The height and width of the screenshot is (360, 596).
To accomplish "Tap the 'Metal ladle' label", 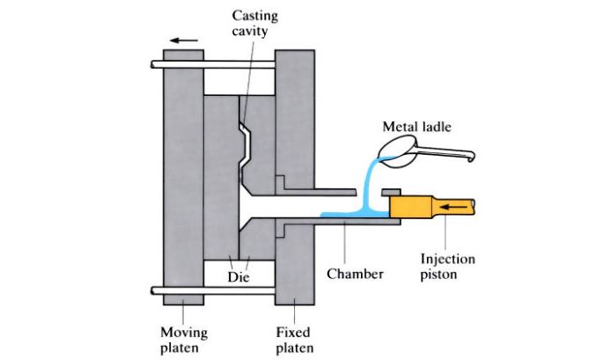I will pyautogui.click(x=417, y=127).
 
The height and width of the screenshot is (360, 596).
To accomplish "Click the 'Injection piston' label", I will pyautogui.click(x=448, y=266).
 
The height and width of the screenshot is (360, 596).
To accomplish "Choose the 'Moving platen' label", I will pyautogui.click(x=183, y=339).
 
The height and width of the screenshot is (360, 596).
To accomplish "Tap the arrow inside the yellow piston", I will pyautogui.click(x=454, y=207).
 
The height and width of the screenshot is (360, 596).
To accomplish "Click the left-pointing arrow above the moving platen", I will pyautogui.click(x=184, y=40).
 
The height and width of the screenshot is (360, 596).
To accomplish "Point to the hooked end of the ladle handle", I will pyautogui.click(x=473, y=158).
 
